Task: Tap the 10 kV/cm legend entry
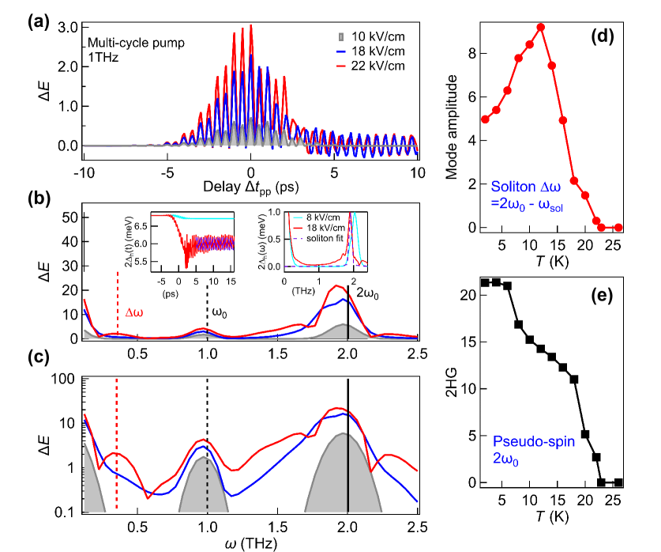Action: [x=375, y=37]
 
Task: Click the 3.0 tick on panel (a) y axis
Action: [x=66, y=27]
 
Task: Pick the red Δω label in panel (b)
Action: [x=135, y=312]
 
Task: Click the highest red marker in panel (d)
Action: [x=540, y=28]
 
